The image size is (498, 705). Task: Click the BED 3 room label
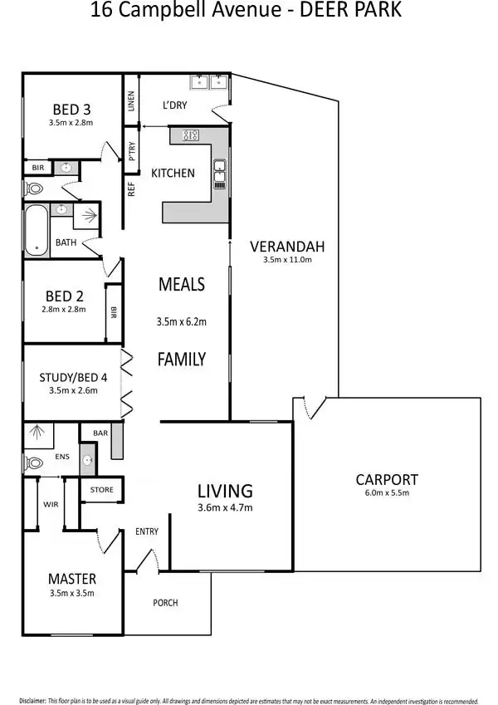[x=71, y=109]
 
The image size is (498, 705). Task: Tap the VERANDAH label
[x=287, y=246]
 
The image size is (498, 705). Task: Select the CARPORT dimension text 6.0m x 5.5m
[x=387, y=493]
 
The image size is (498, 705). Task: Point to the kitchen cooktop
[x=191, y=135]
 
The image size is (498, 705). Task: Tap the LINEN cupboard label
[x=130, y=100]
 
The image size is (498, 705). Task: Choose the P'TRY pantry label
[x=131, y=150]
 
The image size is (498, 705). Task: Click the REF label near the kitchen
[x=131, y=188]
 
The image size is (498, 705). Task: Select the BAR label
[x=100, y=433]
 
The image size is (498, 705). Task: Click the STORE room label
[x=101, y=490]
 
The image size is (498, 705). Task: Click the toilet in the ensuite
[x=33, y=463]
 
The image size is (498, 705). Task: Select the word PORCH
[x=165, y=602]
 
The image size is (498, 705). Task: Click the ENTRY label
[x=147, y=531]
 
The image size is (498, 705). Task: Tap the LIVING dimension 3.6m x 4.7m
[x=225, y=508]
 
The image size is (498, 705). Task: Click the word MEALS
[x=181, y=284]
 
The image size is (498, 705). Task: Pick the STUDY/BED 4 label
[x=73, y=378]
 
